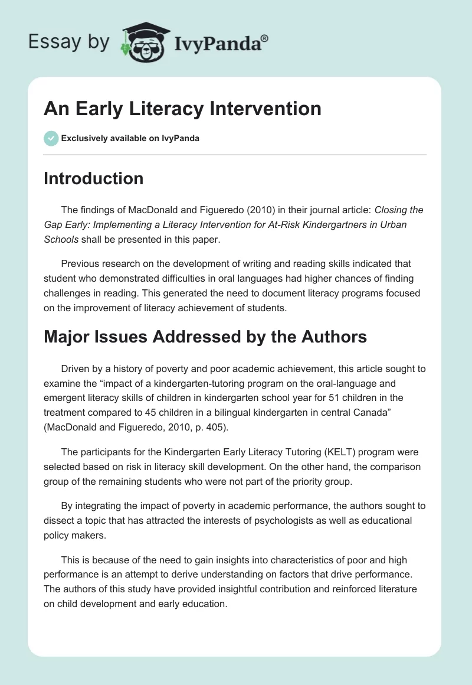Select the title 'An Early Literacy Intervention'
coord(182,109)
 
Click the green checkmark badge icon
coord(51,138)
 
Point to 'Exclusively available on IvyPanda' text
coord(130,138)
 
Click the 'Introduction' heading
coord(93,178)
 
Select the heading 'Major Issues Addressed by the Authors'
coord(205,337)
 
